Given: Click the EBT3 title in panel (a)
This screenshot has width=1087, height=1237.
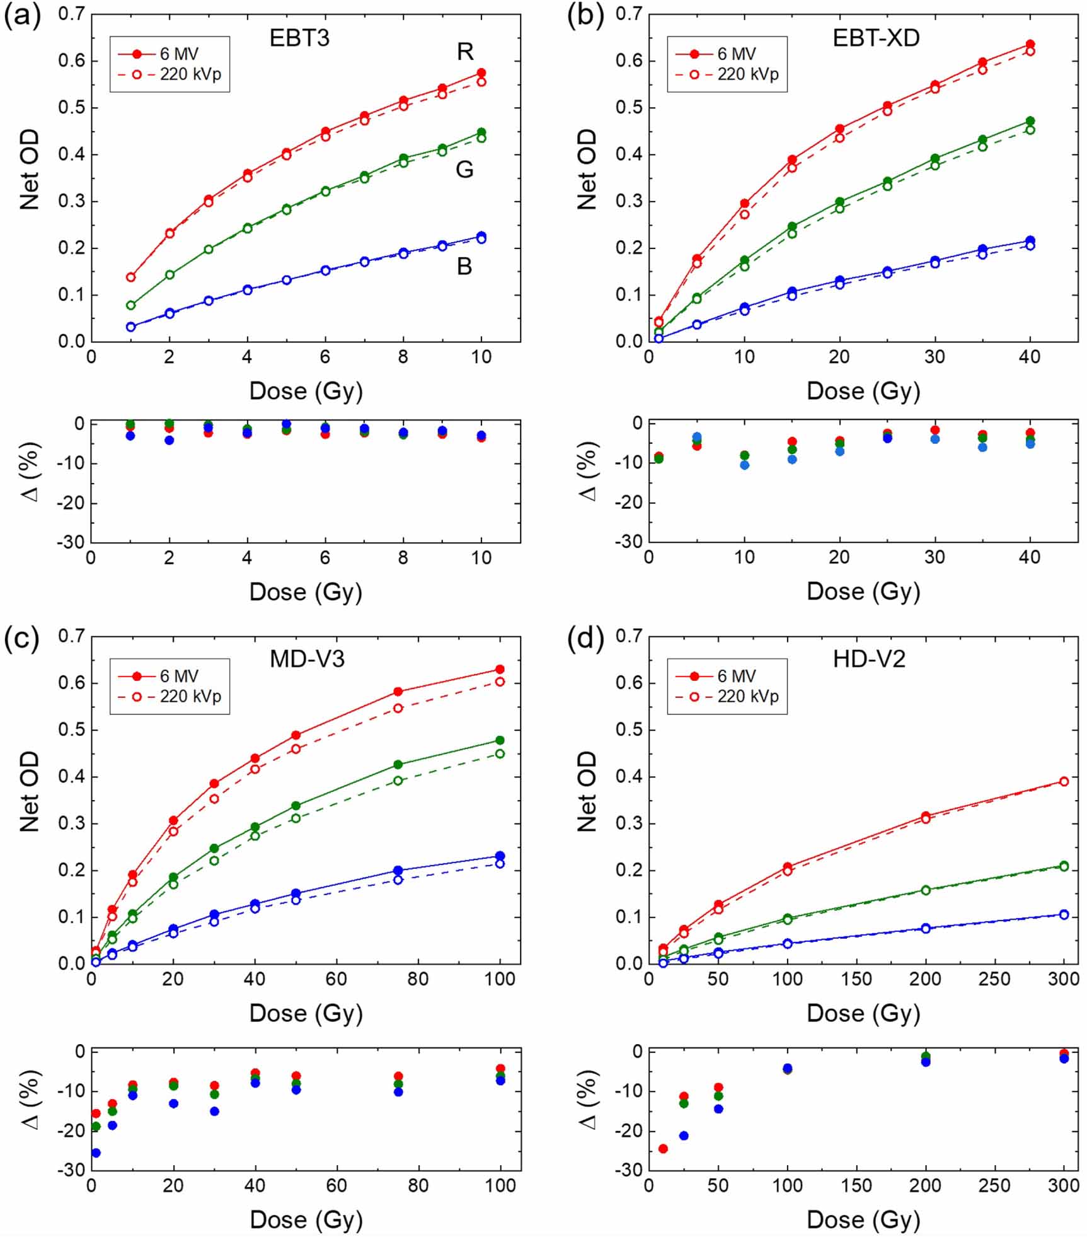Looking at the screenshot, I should pyautogui.click(x=299, y=38).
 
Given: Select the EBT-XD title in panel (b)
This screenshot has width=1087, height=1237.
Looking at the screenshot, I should pyautogui.click(x=876, y=38).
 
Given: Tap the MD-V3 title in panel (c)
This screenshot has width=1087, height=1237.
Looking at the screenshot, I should pyautogui.click(x=307, y=659).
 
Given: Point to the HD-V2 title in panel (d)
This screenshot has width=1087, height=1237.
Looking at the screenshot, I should pyautogui.click(x=869, y=659).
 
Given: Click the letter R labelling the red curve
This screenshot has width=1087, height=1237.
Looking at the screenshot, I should pyautogui.click(x=465, y=52).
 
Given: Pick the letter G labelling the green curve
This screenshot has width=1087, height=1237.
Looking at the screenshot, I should pyautogui.click(x=464, y=169).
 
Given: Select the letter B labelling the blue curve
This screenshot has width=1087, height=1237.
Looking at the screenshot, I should pyautogui.click(x=464, y=267).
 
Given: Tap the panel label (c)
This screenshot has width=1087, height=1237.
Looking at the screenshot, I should pyautogui.click(x=21, y=638).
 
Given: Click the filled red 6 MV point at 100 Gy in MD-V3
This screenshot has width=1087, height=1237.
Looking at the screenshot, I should pyautogui.click(x=500, y=669).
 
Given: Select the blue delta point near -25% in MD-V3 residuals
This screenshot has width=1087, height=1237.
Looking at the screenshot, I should pyautogui.click(x=96, y=1153).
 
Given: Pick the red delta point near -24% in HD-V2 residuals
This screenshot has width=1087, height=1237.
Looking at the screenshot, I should pyautogui.click(x=663, y=1149).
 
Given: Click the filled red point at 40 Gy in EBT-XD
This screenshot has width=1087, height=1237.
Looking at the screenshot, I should pyautogui.click(x=1030, y=45).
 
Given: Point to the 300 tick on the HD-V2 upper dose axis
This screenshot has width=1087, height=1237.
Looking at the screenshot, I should pyautogui.click(x=1064, y=979).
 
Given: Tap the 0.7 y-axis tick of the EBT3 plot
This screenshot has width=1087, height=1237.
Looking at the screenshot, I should pyautogui.click(x=71, y=14).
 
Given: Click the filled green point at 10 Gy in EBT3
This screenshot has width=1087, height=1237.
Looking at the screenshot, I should pyautogui.click(x=481, y=132).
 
